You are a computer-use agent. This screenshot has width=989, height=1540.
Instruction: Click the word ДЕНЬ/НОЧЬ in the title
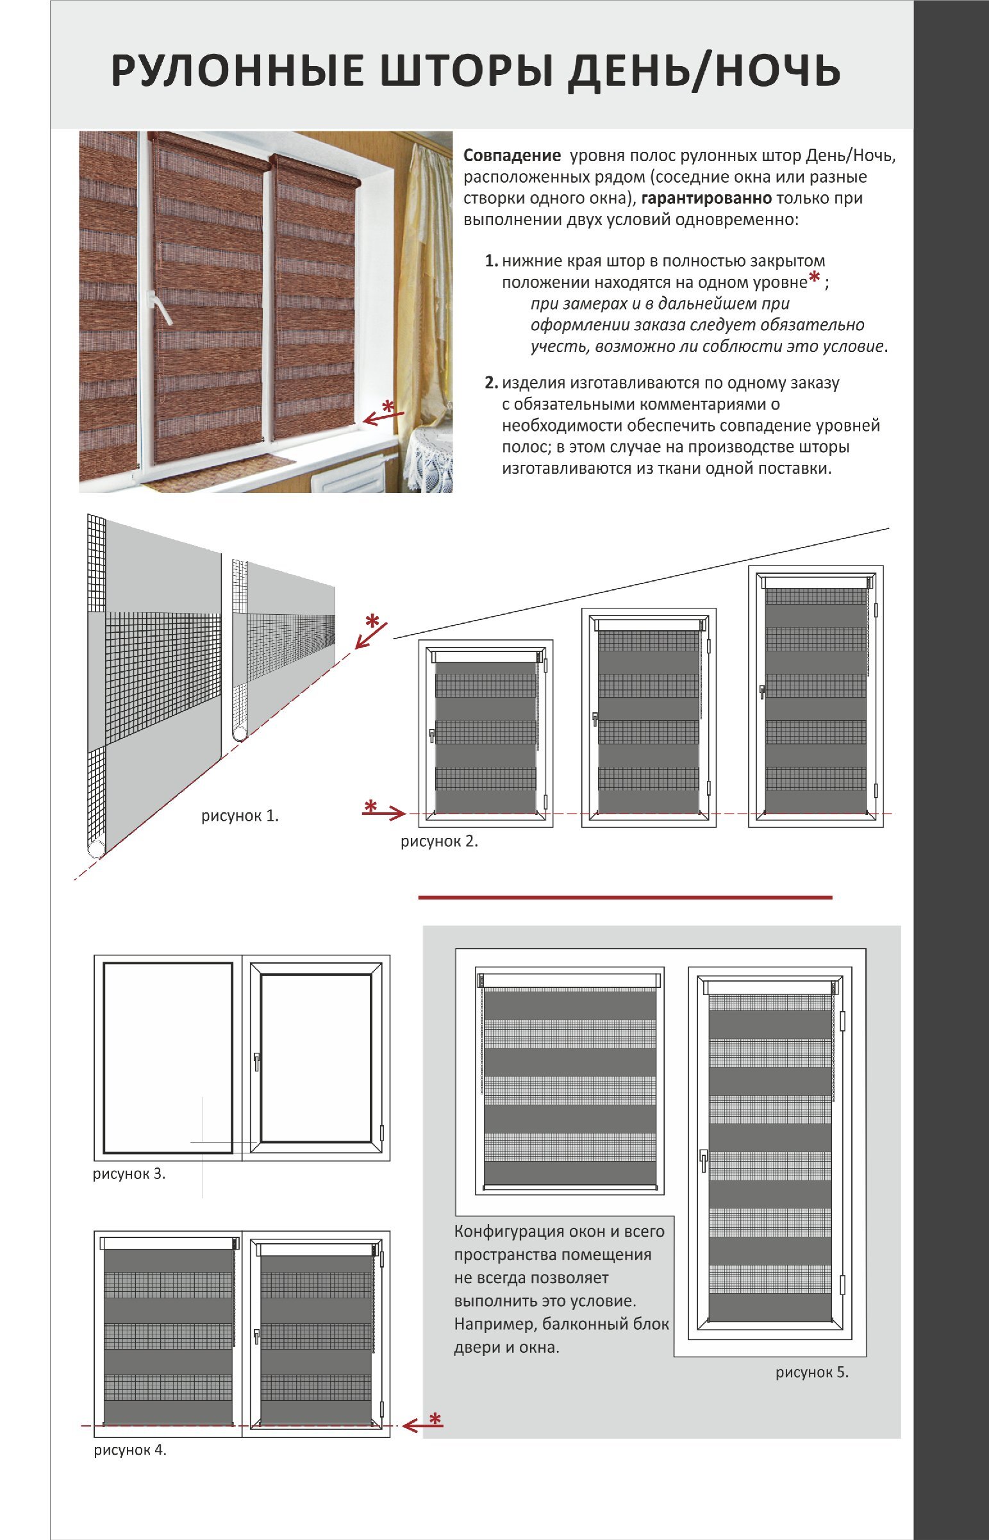pyautogui.click(x=704, y=70)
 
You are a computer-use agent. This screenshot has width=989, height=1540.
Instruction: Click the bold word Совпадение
pyautogui.click(x=513, y=155)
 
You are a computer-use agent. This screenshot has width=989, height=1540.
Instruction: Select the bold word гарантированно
pyautogui.click(x=706, y=199)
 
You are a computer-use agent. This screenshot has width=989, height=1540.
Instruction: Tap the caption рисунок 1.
pyautogui.click(x=240, y=816)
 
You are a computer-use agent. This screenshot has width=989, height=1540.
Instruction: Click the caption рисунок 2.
pyautogui.click(x=439, y=841)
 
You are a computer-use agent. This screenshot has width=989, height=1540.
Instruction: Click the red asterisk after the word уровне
pyautogui.click(x=814, y=278)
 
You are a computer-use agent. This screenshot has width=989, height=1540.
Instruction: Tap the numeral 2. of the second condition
pyautogui.click(x=491, y=383)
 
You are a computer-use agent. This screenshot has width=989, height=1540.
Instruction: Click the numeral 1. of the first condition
pyautogui.click(x=491, y=261)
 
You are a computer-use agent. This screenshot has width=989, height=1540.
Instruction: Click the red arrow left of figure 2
pyautogui.click(x=383, y=814)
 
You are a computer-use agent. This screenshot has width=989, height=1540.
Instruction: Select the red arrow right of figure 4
pyautogui.click(x=422, y=1427)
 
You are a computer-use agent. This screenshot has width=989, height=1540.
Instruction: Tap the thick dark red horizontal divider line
pyautogui.click(x=625, y=897)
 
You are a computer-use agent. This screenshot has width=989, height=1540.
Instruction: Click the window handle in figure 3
pyautogui.click(x=256, y=1061)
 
